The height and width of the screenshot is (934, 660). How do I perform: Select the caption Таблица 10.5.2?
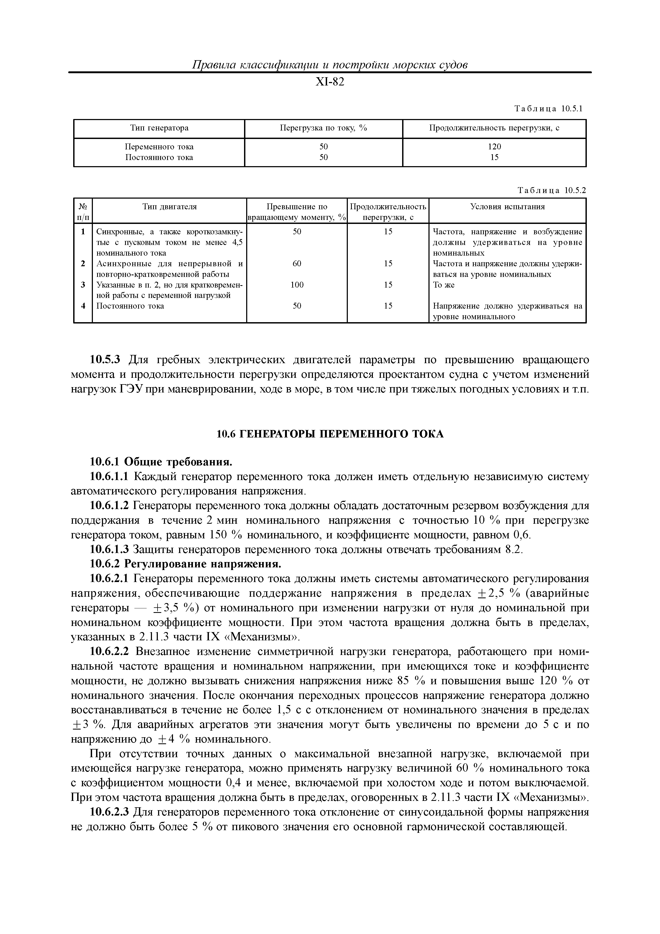(551, 190)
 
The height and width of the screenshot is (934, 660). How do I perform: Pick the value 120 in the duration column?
(494, 146)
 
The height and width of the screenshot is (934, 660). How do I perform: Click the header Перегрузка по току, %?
(323, 128)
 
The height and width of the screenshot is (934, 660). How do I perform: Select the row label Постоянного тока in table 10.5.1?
(159, 157)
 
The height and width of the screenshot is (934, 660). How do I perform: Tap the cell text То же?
(444, 285)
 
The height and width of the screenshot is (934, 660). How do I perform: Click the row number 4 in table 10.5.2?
(83, 306)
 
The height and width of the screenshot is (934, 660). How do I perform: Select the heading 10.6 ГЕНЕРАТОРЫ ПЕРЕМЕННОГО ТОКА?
(330, 435)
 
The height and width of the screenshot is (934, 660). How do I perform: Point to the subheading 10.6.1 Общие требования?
(161, 462)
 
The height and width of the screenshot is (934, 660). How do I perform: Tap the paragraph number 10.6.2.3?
(109, 812)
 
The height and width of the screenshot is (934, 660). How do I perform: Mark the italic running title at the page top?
(330, 65)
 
